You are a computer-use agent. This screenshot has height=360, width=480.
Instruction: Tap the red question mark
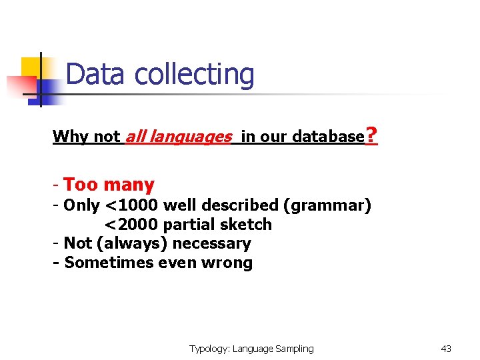pyautogui.click(x=372, y=137)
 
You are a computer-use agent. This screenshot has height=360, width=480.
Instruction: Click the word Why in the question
pyautogui.click(x=71, y=137)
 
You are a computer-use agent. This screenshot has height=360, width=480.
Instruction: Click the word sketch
pyautogui.click(x=247, y=225)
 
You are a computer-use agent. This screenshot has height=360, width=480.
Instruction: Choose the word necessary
pyautogui.click(x=211, y=243)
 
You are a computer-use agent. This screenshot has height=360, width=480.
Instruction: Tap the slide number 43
pyautogui.click(x=446, y=349)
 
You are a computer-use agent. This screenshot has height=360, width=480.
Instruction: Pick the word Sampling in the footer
pyautogui.click(x=294, y=349)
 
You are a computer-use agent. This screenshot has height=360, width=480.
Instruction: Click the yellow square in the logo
pyautogui.click(x=31, y=67)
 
